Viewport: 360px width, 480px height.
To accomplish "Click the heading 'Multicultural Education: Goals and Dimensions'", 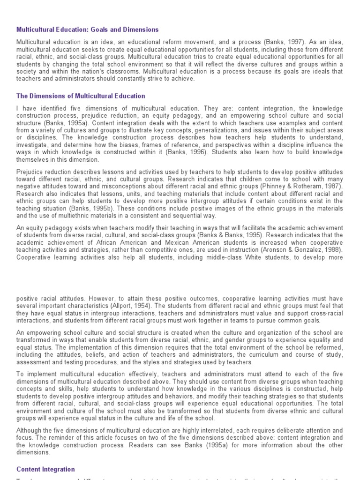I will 88,30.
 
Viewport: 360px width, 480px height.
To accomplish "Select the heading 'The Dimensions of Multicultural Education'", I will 81,96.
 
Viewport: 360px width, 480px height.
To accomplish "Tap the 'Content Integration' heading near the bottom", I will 45,469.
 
